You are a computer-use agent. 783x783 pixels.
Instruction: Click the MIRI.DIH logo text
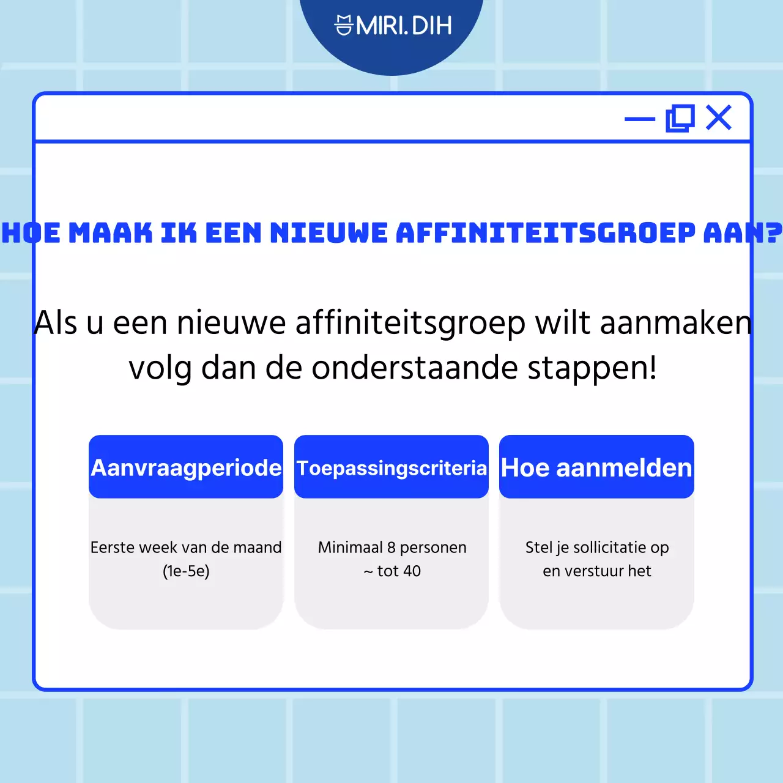click(404, 26)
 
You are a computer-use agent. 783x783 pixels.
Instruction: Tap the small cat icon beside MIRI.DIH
click(344, 26)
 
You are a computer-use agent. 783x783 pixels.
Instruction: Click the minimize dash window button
click(639, 119)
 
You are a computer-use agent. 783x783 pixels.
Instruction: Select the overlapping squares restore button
click(680, 118)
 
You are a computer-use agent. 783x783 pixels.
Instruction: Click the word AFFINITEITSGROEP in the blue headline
click(546, 233)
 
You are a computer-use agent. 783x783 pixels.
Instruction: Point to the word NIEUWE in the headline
click(329, 233)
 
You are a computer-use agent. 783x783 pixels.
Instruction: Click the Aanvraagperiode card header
click(186, 467)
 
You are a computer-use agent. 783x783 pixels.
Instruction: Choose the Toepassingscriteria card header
click(391, 468)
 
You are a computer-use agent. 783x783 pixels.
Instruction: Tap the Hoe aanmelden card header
click(596, 467)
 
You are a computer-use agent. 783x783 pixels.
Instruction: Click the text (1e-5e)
click(186, 571)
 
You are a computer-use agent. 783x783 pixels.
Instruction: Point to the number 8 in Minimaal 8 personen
click(391, 547)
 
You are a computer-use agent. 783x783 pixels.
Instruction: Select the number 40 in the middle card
click(412, 571)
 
